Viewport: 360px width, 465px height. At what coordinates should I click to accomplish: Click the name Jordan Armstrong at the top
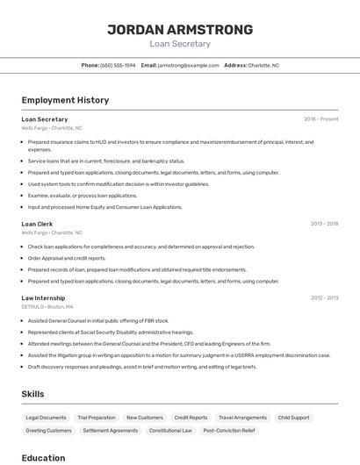[x=180, y=29]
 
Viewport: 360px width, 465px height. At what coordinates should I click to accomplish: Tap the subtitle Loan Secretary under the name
[x=180, y=43]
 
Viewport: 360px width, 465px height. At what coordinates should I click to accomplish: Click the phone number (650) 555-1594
[x=118, y=65]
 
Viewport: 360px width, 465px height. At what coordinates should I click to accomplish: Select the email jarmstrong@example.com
[x=188, y=65]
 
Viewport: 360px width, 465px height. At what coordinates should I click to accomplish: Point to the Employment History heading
[x=65, y=100]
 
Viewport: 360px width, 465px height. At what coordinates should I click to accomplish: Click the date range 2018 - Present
[x=321, y=119]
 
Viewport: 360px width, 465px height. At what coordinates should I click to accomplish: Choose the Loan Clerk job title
[x=37, y=224]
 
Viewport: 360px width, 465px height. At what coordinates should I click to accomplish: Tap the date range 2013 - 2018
[x=324, y=224]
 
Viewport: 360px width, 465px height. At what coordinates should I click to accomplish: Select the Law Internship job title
[x=43, y=298]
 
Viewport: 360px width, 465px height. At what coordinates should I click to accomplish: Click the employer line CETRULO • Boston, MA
[x=47, y=307]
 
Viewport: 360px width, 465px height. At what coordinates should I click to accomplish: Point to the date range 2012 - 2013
[x=324, y=298]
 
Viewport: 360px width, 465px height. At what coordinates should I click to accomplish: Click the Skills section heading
[x=32, y=394]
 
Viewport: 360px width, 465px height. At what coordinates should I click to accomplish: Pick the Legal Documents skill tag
[x=46, y=418]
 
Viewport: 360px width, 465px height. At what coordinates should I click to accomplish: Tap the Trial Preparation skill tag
[x=96, y=418]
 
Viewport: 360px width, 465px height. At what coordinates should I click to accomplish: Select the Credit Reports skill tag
[x=191, y=418]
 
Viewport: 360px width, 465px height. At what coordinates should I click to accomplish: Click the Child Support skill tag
[x=293, y=418]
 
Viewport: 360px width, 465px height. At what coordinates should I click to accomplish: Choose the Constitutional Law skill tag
[x=170, y=431]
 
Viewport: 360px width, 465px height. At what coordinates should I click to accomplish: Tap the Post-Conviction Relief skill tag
[x=228, y=431]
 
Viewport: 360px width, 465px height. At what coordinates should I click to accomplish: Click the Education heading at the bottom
[x=43, y=457]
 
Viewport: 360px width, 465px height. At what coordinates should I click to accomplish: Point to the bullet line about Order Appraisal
[x=67, y=258]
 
